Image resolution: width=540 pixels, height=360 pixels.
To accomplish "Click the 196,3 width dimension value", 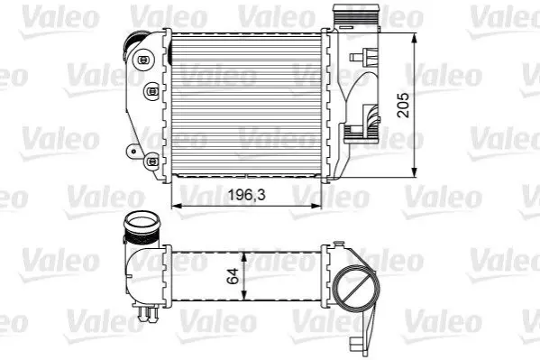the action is (x=247, y=195).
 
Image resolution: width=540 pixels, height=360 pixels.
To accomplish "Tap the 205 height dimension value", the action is (x=403, y=106).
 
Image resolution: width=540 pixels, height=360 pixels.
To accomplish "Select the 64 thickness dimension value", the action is (x=233, y=276).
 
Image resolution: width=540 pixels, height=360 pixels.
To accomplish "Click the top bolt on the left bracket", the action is (x=142, y=60).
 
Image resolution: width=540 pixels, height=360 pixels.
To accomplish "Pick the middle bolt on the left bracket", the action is (x=151, y=91).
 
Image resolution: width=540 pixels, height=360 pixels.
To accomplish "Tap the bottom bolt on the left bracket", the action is (x=151, y=161).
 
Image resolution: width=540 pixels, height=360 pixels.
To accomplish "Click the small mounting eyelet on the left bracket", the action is (x=133, y=151).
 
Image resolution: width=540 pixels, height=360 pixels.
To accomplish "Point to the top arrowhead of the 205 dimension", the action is (x=415, y=38).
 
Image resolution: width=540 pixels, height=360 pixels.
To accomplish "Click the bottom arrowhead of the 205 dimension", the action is (x=415, y=172).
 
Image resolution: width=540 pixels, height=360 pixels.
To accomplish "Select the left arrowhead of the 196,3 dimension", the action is (x=177, y=206).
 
